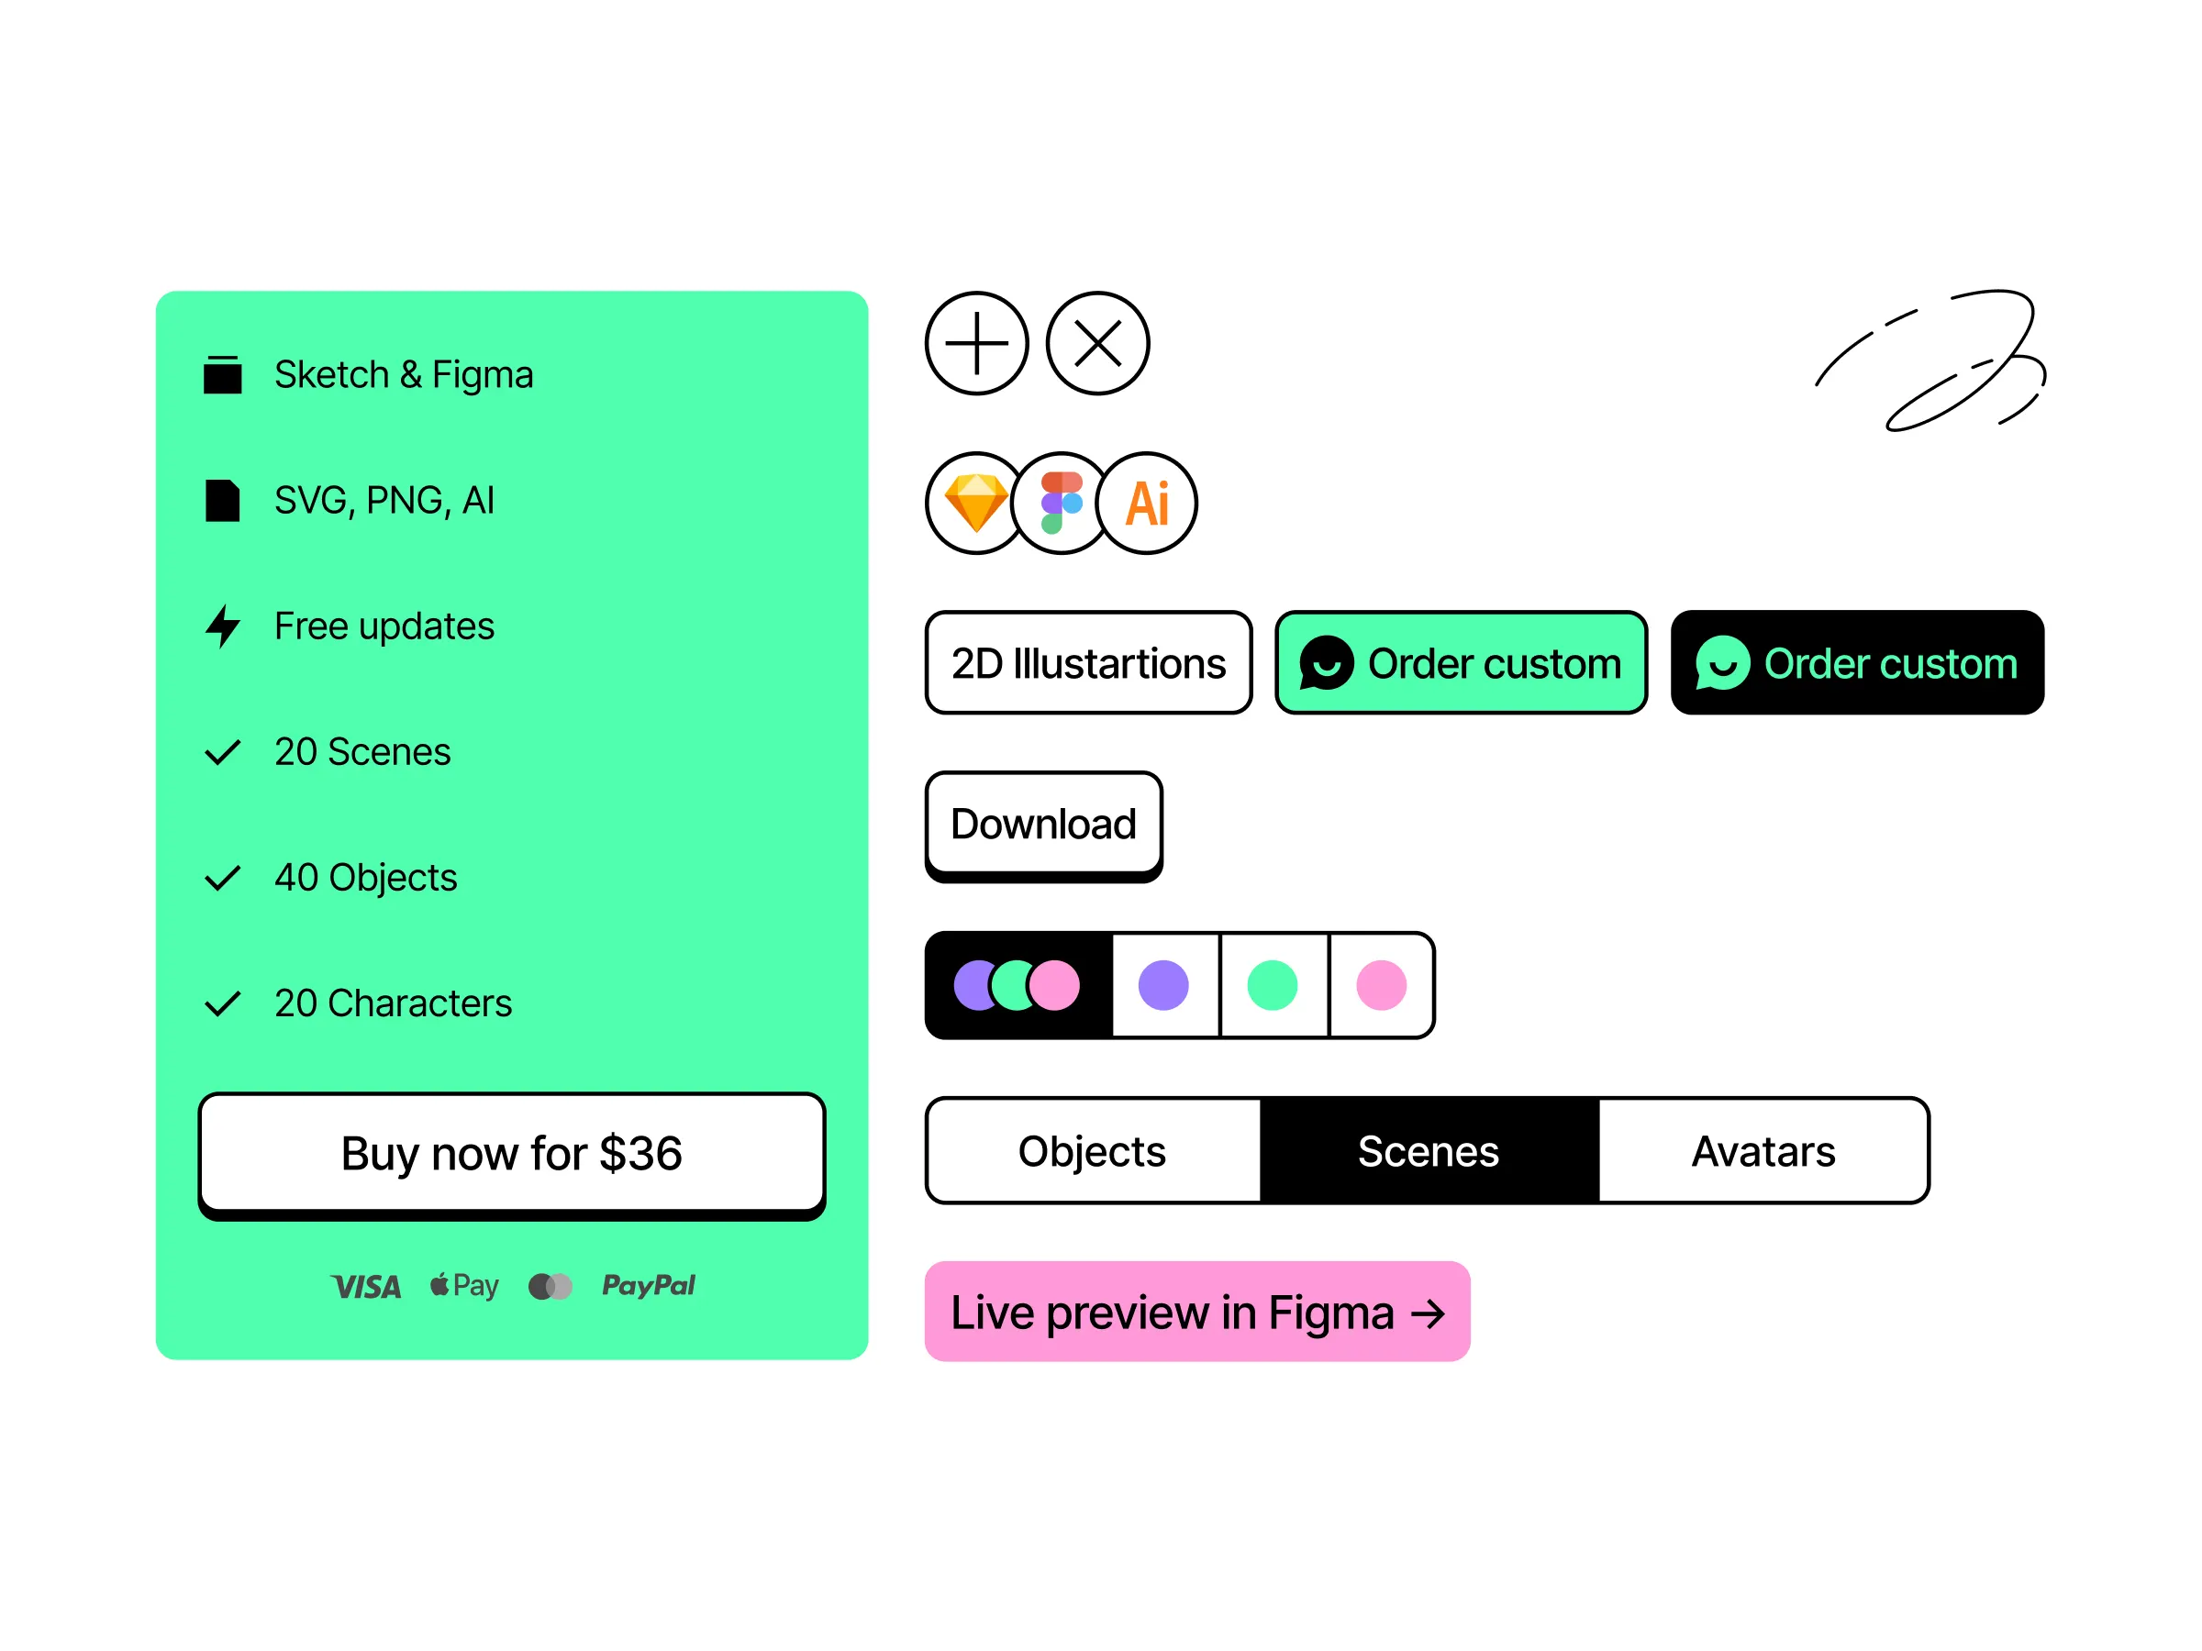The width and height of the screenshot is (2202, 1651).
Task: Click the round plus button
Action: point(976,343)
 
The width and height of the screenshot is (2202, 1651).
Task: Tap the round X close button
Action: point(1098,343)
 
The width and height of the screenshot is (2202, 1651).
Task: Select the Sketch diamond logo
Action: point(975,504)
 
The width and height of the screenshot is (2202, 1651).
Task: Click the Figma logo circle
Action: point(1062,504)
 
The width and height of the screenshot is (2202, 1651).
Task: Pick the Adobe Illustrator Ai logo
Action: point(1147,504)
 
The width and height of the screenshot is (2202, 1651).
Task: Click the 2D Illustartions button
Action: point(1088,663)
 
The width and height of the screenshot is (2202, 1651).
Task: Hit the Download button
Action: point(1043,826)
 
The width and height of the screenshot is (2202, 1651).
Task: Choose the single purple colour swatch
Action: point(1163,985)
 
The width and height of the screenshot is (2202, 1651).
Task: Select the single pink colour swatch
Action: point(1382,985)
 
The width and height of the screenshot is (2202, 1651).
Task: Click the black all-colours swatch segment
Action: point(1018,985)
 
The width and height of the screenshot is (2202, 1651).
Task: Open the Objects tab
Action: point(1092,1150)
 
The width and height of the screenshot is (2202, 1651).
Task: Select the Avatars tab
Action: point(1764,1150)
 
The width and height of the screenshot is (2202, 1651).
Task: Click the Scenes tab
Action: point(1429,1150)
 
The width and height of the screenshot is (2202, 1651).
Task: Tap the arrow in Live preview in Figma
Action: point(1428,1313)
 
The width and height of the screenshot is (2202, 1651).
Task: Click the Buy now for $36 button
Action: point(512,1157)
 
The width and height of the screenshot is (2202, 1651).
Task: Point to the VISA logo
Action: point(366,1287)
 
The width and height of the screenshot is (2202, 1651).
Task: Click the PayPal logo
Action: point(648,1286)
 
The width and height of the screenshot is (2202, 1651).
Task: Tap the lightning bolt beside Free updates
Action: point(223,626)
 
